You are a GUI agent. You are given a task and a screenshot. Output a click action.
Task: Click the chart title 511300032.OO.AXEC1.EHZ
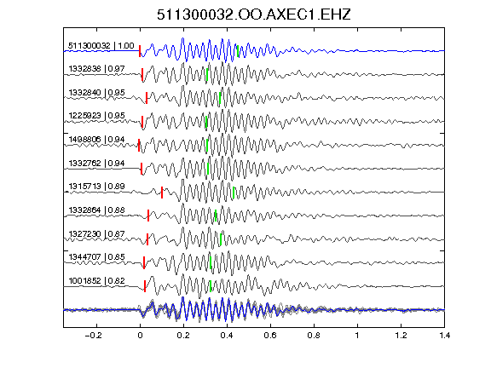(254, 14)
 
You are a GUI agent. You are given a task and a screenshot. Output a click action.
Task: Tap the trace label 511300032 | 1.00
(101, 46)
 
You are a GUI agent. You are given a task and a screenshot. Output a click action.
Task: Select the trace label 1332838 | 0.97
(97, 69)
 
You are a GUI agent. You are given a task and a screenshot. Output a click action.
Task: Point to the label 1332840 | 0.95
(97, 93)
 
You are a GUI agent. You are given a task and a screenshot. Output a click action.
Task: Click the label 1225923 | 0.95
(97, 116)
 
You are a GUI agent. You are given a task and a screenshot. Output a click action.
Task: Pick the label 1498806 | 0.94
(97, 140)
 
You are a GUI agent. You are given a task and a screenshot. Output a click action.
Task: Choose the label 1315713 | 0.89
(97, 187)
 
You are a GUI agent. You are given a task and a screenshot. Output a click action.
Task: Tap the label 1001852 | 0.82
(97, 281)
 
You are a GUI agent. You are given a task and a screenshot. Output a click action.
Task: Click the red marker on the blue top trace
(140, 51)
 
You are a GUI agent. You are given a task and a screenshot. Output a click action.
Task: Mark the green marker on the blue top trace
(238, 51)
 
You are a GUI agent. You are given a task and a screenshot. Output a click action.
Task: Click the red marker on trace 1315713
(162, 193)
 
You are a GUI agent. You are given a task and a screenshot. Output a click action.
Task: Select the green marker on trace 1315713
(234, 193)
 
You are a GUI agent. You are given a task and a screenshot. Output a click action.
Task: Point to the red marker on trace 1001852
(145, 286)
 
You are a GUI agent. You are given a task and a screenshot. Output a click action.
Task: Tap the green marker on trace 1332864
(216, 216)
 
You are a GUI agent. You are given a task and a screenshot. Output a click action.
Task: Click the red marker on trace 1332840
(147, 98)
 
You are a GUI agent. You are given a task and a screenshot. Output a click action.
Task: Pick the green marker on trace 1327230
(221, 239)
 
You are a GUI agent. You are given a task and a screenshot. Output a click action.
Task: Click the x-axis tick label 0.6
(270, 336)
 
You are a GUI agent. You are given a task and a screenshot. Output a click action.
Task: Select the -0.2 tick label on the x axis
(94, 336)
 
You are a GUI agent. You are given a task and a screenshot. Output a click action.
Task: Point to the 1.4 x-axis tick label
(444, 336)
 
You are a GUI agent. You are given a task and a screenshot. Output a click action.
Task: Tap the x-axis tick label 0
(140, 336)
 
